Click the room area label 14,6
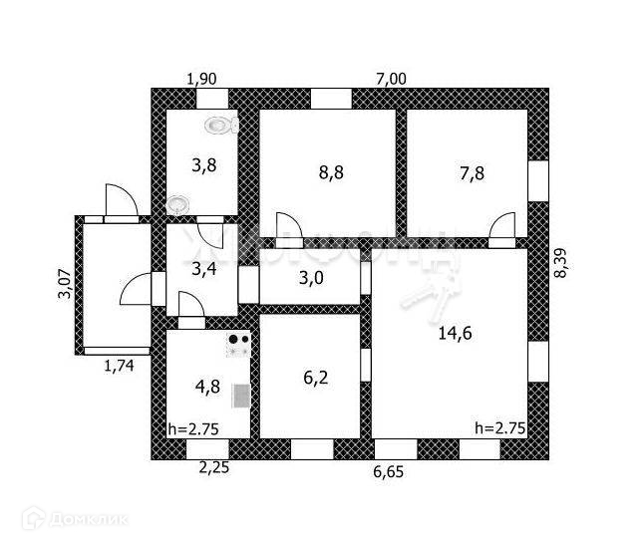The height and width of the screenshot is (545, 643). coord(455,335)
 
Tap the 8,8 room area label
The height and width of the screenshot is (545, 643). coord(332,171)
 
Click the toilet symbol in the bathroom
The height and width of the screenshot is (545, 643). coord(221,125)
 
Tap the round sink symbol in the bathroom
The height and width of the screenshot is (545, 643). coord(177,203)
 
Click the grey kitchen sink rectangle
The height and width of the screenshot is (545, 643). coord(240,396)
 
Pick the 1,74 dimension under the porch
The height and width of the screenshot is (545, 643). coord(120,365)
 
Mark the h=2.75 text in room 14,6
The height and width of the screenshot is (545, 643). coord(498,428)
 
